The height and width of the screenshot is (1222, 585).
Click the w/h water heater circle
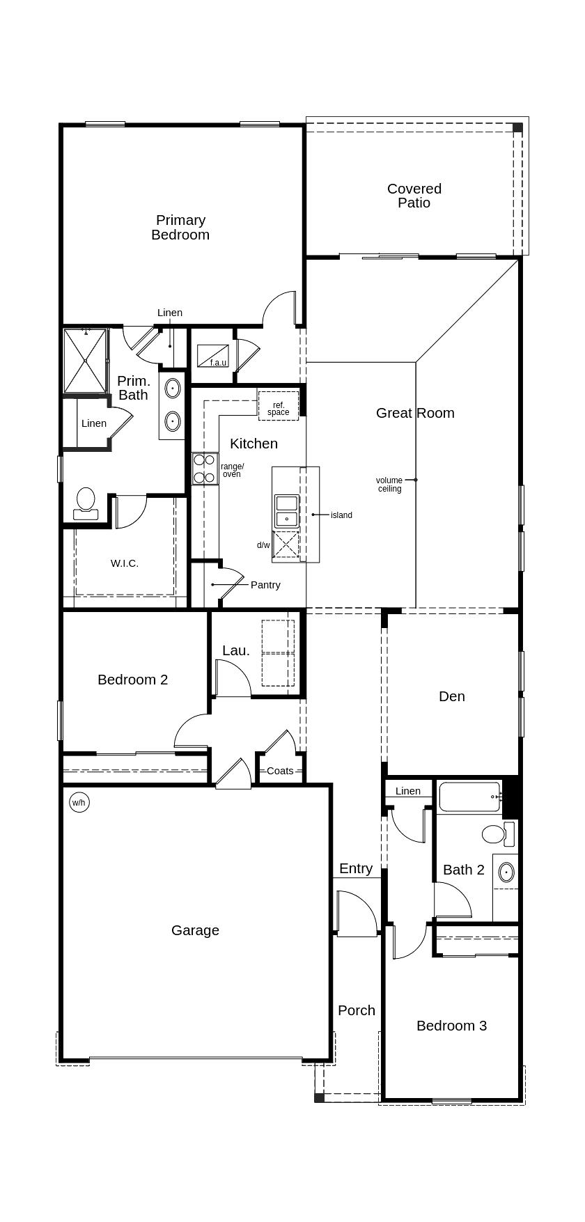click(79, 803)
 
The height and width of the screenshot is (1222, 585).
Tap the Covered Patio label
click(414, 196)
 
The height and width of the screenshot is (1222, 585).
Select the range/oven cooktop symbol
click(205, 469)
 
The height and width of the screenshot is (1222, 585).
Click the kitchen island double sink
click(286, 510)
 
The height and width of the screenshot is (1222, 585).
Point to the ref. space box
click(279, 406)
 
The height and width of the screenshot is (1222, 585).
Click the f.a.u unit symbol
click(213, 356)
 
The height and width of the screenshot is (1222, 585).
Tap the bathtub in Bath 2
click(469, 797)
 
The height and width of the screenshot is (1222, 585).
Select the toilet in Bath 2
click(495, 833)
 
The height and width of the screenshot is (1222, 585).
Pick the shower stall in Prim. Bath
click(85, 361)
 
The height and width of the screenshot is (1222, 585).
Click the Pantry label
click(265, 585)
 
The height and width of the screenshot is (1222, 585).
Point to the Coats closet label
click(280, 771)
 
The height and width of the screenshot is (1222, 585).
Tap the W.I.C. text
click(125, 563)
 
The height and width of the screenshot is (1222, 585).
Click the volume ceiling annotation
click(389, 485)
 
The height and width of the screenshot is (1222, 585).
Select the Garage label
click(195, 930)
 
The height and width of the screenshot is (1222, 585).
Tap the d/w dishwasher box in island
click(286, 545)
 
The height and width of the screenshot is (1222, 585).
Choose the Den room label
click(452, 696)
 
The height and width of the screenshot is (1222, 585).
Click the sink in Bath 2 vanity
click(506, 872)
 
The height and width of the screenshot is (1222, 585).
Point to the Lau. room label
click(236, 650)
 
